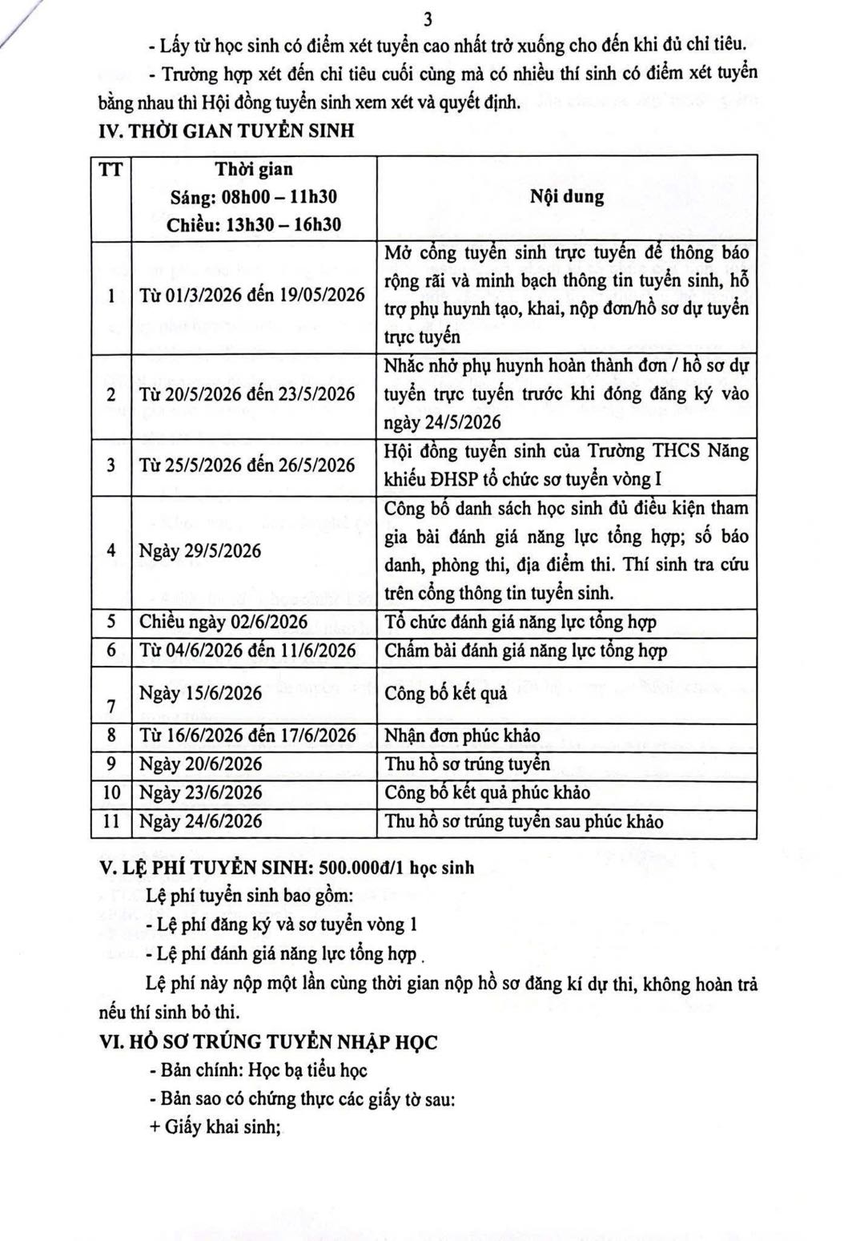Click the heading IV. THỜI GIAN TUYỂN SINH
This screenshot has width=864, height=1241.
point(226,130)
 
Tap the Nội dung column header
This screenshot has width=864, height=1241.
point(567,197)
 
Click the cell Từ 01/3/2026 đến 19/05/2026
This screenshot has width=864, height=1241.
point(252,295)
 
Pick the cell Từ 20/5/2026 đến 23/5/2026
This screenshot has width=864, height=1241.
point(247,394)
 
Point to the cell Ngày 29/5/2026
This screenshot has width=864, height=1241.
point(200,551)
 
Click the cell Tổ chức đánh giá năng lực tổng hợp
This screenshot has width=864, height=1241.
point(520,623)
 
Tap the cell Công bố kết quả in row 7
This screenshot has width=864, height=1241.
point(446,694)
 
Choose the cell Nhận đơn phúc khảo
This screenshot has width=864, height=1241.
point(462,735)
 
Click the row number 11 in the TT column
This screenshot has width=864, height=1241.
point(111,821)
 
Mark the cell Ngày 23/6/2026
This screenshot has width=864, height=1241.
point(200,792)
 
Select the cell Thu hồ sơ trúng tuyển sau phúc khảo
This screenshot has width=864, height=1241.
point(524,821)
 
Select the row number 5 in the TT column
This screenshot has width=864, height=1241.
point(111,623)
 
